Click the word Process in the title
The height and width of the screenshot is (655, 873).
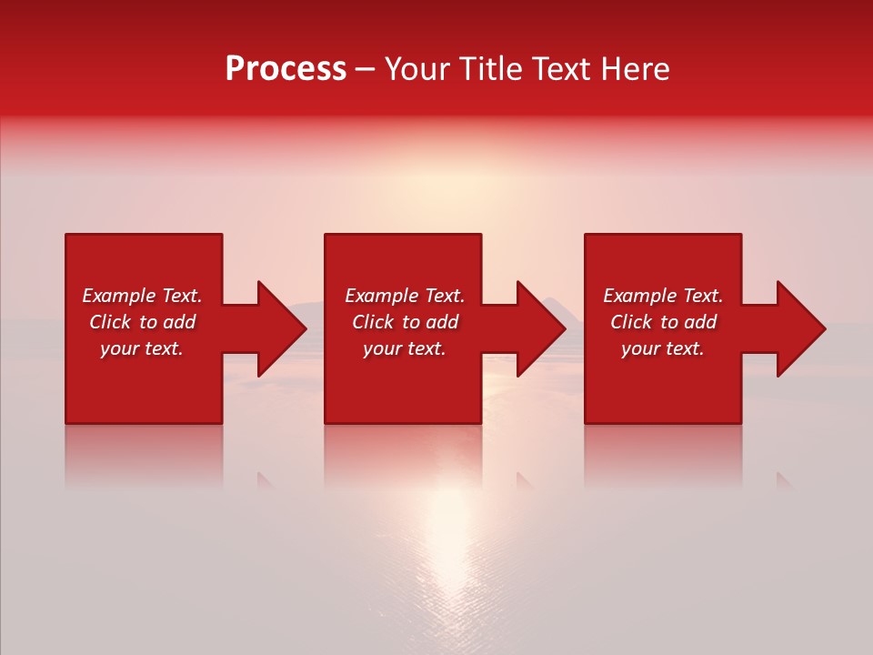click(x=286, y=69)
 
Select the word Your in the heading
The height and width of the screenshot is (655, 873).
click(x=417, y=69)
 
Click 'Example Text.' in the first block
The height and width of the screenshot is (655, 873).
click(x=142, y=296)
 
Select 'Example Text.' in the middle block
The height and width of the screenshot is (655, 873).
click(x=405, y=296)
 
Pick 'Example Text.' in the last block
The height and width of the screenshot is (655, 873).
click(x=663, y=296)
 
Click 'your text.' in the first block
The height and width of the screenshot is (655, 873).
click(x=142, y=348)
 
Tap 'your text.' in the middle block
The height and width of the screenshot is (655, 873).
click(x=405, y=348)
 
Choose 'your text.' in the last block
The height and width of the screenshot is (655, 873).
click(x=663, y=348)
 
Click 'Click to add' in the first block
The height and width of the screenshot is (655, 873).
click(x=142, y=322)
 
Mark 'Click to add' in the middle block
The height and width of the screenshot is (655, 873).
click(x=405, y=322)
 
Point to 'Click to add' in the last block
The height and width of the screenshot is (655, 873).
click(x=663, y=322)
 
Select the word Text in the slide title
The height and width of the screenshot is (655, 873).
click(x=559, y=69)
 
